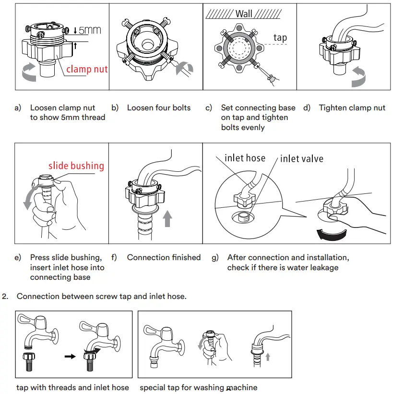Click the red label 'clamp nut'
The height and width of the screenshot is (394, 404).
[87, 69]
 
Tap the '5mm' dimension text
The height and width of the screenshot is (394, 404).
[90, 30]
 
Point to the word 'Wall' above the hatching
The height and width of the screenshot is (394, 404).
[244, 14]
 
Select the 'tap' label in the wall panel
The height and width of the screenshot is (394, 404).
[280, 37]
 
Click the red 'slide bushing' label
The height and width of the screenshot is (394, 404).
[76, 166]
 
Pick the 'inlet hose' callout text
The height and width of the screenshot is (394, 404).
[245, 158]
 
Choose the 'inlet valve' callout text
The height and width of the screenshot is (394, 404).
[301, 158]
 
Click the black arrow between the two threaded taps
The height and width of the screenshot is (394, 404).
[70, 357]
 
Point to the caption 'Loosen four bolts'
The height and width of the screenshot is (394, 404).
[158, 108]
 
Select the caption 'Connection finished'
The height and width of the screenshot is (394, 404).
[164, 258]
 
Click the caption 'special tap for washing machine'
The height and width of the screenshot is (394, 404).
[198, 387]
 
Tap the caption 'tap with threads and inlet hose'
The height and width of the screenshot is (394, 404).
[72, 387]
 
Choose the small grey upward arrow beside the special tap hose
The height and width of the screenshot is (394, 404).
[267, 357]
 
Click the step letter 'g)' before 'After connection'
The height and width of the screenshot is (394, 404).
[215, 258]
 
